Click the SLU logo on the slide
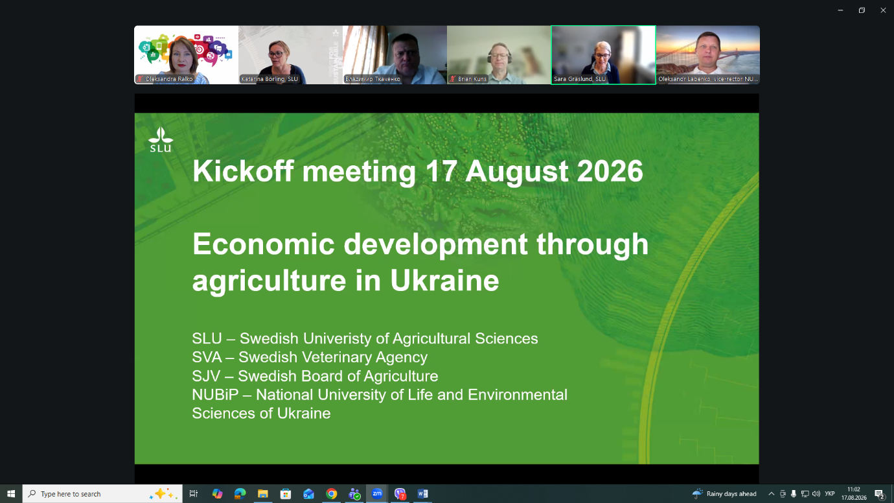(161, 140)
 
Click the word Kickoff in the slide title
(243, 171)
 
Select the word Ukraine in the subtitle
(444, 280)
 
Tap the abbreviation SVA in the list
(207, 357)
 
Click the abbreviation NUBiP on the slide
(215, 394)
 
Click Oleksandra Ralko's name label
(169, 79)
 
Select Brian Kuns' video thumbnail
(499, 55)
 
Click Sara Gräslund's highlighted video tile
(603, 55)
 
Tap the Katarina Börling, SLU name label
(269, 79)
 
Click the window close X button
(883, 10)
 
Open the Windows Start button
(11, 494)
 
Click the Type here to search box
(102, 494)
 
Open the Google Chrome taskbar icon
(331, 494)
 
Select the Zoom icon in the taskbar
(377, 494)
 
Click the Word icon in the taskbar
(422, 494)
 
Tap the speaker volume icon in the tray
(816, 494)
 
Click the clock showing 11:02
(854, 489)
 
